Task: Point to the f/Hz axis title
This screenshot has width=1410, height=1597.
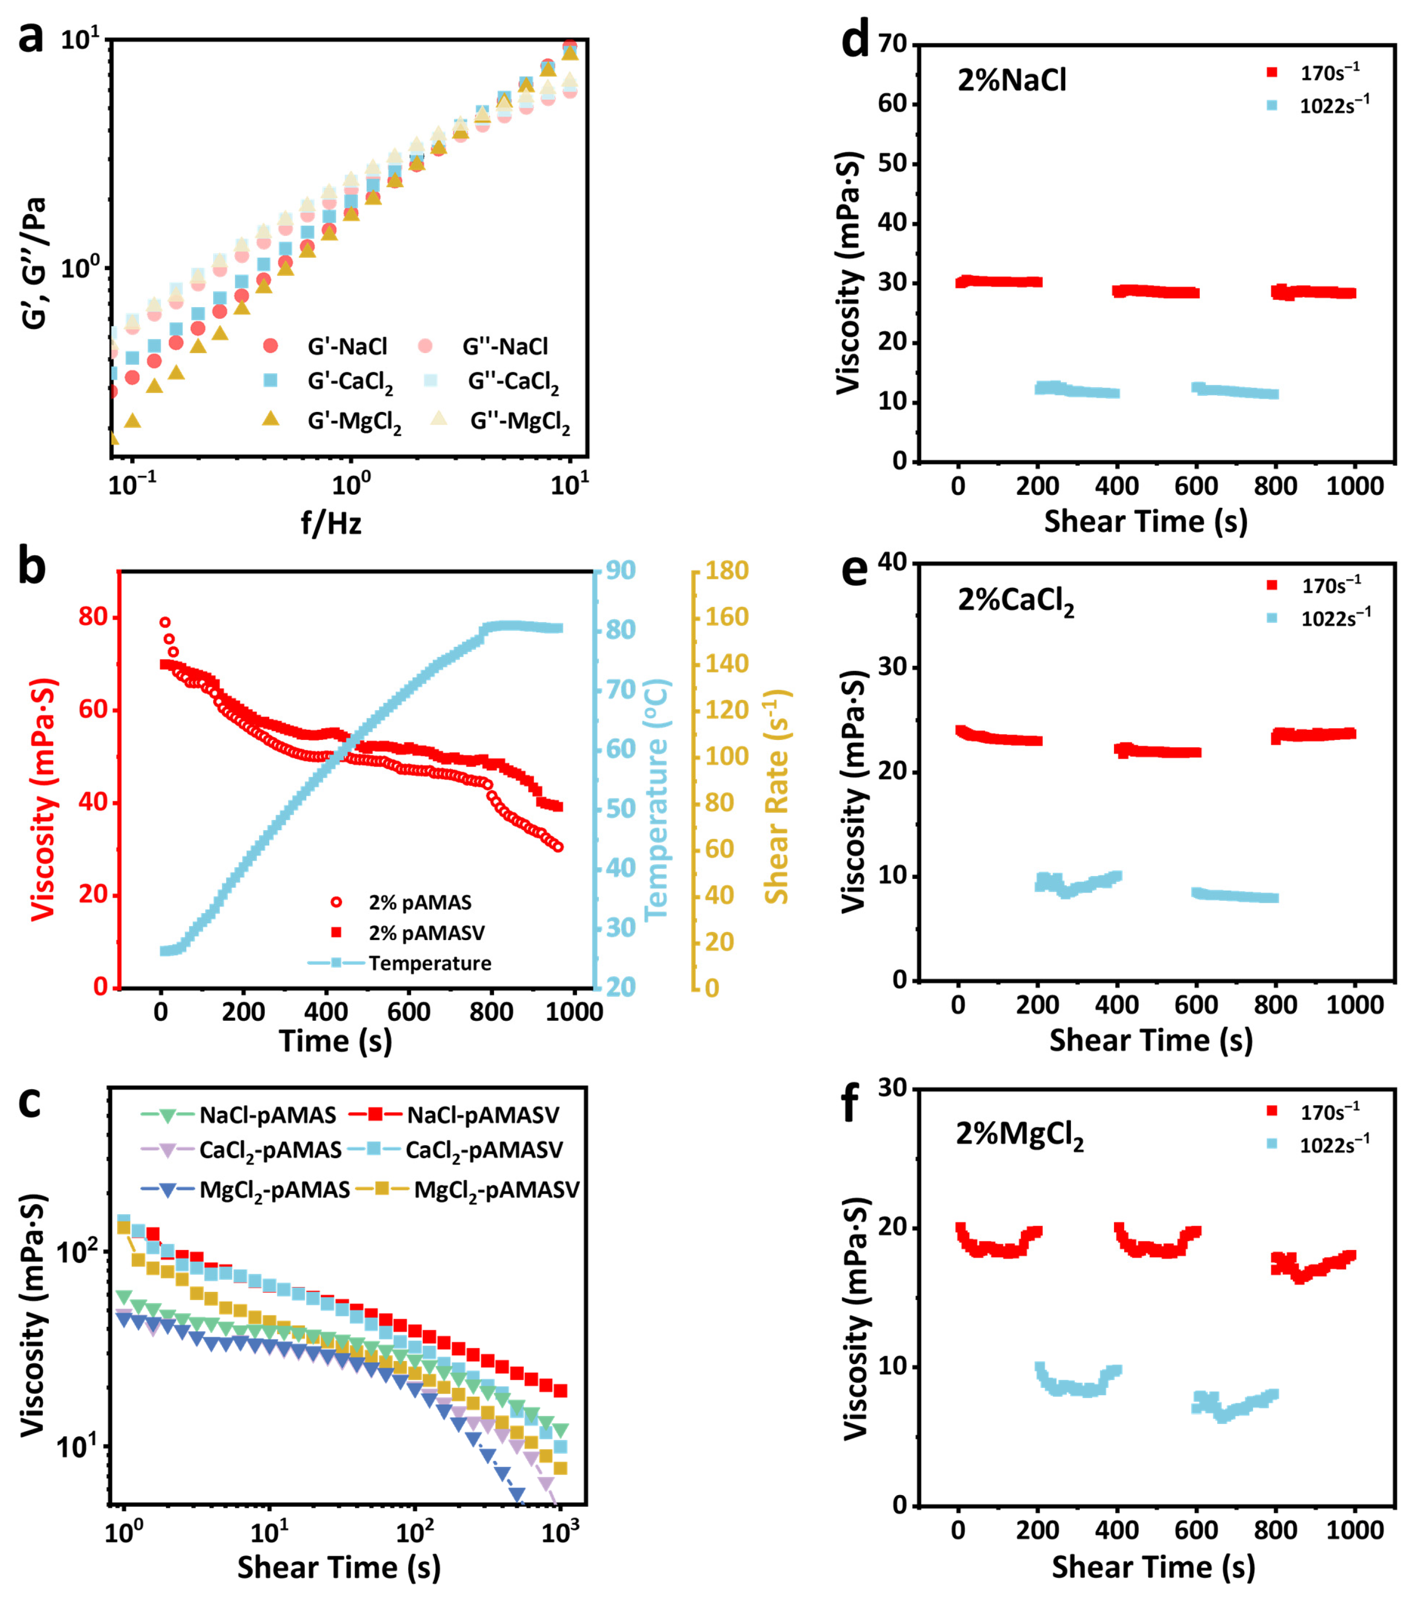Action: coord(331,523)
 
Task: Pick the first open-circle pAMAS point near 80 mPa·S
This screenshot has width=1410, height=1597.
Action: coord(165,623)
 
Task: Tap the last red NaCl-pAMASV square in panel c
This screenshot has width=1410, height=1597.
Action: coord(559,1391)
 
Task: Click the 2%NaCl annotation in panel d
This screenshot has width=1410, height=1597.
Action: coord(1012,80)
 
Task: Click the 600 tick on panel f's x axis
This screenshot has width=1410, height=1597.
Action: coord(1196,1530)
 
